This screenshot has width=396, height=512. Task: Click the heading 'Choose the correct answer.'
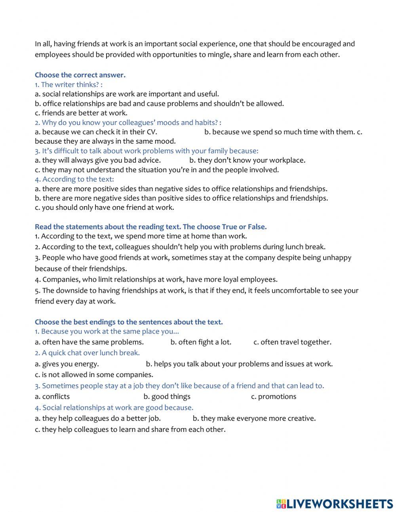(80, 75)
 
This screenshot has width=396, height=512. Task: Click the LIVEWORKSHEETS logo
(335, 504)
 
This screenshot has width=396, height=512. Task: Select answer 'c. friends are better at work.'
(81, 113)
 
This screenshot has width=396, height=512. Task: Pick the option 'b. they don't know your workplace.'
(247, 160)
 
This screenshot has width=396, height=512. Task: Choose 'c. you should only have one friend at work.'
(104, 207)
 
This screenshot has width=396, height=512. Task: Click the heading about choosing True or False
(150, 227)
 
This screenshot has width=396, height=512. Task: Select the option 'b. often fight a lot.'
(201, 342)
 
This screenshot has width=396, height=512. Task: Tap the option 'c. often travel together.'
(292, 342)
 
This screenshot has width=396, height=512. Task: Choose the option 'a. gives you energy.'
(67, 364)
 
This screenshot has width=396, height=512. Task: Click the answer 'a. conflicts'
(52, 397)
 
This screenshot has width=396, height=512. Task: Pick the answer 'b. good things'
(167, 397)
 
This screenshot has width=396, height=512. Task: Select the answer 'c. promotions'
(274, 397)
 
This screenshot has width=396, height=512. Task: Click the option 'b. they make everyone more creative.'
(254, 418)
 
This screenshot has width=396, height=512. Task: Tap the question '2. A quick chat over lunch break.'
(87, 353)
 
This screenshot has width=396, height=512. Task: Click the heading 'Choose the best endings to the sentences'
(129, 322)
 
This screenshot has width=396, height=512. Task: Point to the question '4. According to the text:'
(74, 179)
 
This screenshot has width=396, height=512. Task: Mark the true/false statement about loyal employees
(156, 279)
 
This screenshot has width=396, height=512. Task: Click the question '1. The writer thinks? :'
(69, 84)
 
